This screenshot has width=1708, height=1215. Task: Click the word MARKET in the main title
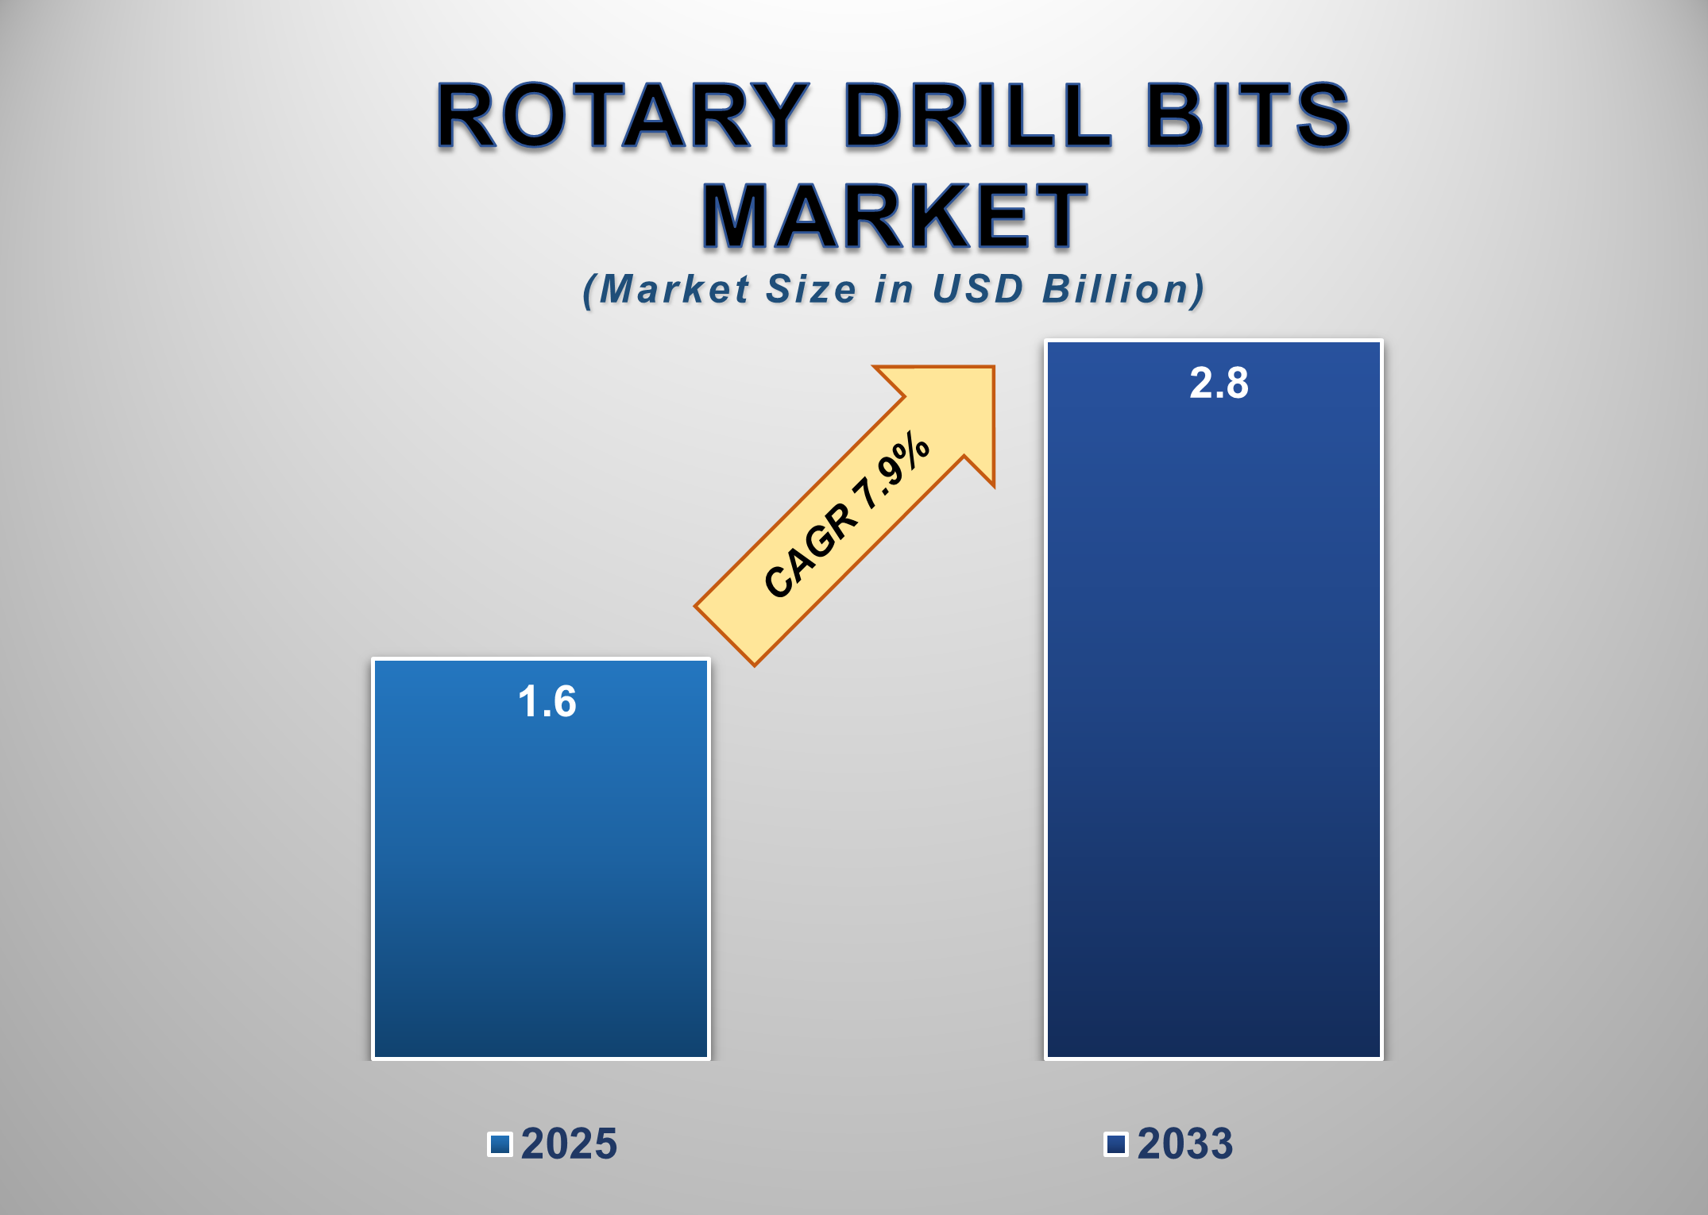tap(894, 216)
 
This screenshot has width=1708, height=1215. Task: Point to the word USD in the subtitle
tap(978, 289)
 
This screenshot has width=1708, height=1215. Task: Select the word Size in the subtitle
tap(811, 289)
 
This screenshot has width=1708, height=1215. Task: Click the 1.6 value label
tap(547, 702)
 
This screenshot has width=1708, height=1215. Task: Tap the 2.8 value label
tap(1219, 383)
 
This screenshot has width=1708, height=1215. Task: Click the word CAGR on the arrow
tap(811, 551)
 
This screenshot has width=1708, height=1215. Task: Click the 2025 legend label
tap(569, 1144)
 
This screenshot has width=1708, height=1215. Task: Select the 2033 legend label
tap(1184, 1144)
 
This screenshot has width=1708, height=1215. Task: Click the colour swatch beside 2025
tap(500, 1144)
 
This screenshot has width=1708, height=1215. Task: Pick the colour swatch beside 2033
tap(1116, 1144)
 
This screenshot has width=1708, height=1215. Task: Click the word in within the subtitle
tap(894, 289)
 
